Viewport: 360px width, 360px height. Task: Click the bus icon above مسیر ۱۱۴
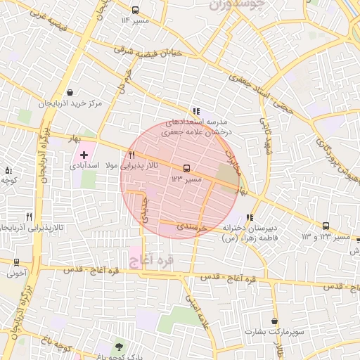tap(135, 11)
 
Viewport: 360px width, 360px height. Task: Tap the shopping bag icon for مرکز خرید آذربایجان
tap(70, 92)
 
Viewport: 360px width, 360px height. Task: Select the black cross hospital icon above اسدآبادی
tap(84, 154)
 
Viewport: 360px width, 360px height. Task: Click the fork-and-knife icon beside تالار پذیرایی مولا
tap(131, 155)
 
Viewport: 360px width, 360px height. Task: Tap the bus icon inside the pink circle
tap(186, 168)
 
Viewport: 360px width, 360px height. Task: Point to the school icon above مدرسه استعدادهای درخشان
tap(196, 110)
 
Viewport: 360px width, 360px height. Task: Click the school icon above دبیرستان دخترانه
tap(250, 217)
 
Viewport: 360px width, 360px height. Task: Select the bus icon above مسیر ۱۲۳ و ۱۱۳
tap(326, 226)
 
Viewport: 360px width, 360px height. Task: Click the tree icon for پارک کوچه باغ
tap(118, 347)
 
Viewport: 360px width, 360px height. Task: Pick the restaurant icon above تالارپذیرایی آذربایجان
tap(29, 217)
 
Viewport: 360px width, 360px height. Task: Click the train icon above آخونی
tap(16, 262)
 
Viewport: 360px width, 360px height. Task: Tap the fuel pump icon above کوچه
tap(8, 170)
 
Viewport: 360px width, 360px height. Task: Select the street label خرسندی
tap(190, 227)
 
